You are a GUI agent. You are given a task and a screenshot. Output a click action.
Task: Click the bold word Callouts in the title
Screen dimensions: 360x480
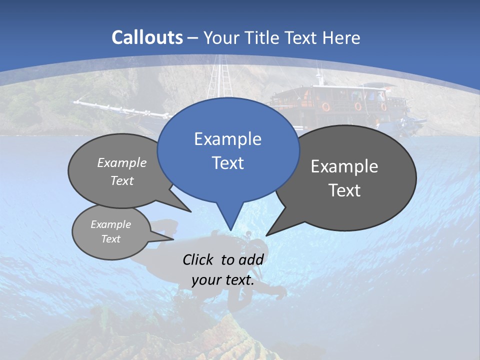[147, 37]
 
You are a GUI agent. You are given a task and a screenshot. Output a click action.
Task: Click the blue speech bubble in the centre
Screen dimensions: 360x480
[228, 150]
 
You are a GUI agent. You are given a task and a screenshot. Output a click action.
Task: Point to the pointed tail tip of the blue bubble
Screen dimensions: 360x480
[230, 230]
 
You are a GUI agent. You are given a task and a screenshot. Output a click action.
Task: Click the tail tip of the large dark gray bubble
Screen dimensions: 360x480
[266, 235]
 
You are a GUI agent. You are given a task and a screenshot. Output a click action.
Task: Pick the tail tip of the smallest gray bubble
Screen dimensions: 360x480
[173, 239]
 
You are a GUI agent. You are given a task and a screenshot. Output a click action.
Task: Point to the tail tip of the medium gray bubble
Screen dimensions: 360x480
[191, 212]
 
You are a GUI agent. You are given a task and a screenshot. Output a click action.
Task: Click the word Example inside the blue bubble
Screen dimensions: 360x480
[228, 139]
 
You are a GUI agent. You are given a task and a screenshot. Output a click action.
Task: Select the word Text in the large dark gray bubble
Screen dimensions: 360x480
[345, 190]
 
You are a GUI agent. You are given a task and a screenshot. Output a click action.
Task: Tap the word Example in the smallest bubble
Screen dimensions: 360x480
[111, 224]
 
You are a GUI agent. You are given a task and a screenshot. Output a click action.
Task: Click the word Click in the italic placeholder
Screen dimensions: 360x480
[197, 259]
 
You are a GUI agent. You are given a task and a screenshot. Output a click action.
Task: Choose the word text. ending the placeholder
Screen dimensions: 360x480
[239, 280]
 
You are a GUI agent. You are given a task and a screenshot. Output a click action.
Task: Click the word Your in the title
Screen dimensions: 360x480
[220, 37]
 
